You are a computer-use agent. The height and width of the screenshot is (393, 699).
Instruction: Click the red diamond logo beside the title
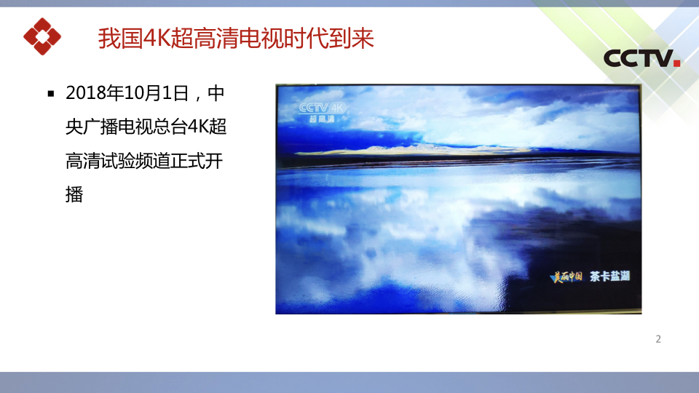click(42, 36)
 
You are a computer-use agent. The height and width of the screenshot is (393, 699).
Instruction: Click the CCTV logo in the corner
click(641, 58)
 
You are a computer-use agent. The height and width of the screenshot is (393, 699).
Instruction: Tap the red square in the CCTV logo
click(676, 63)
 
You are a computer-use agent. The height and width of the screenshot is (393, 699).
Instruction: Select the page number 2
click(658, 340)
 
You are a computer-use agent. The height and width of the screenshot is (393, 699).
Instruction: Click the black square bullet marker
click(51, 94)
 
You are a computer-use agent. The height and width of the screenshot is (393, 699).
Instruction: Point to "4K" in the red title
click(157, 39)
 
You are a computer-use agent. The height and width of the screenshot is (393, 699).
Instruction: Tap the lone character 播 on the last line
click(74, 195)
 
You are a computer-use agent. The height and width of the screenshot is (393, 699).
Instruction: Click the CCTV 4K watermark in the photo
click(323, 108)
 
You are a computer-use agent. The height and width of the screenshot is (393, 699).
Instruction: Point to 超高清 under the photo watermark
click(322, 119)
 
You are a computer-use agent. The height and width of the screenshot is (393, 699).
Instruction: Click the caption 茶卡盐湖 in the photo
click(610, 277)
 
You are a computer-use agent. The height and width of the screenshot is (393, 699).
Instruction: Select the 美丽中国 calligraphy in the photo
click(567, 277)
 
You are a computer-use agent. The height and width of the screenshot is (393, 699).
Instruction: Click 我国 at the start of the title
click(120, 39)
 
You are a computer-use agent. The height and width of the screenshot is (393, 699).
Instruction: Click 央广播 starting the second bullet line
click(92, 127)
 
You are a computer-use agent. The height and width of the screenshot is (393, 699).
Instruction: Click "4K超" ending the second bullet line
click(207, 127)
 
